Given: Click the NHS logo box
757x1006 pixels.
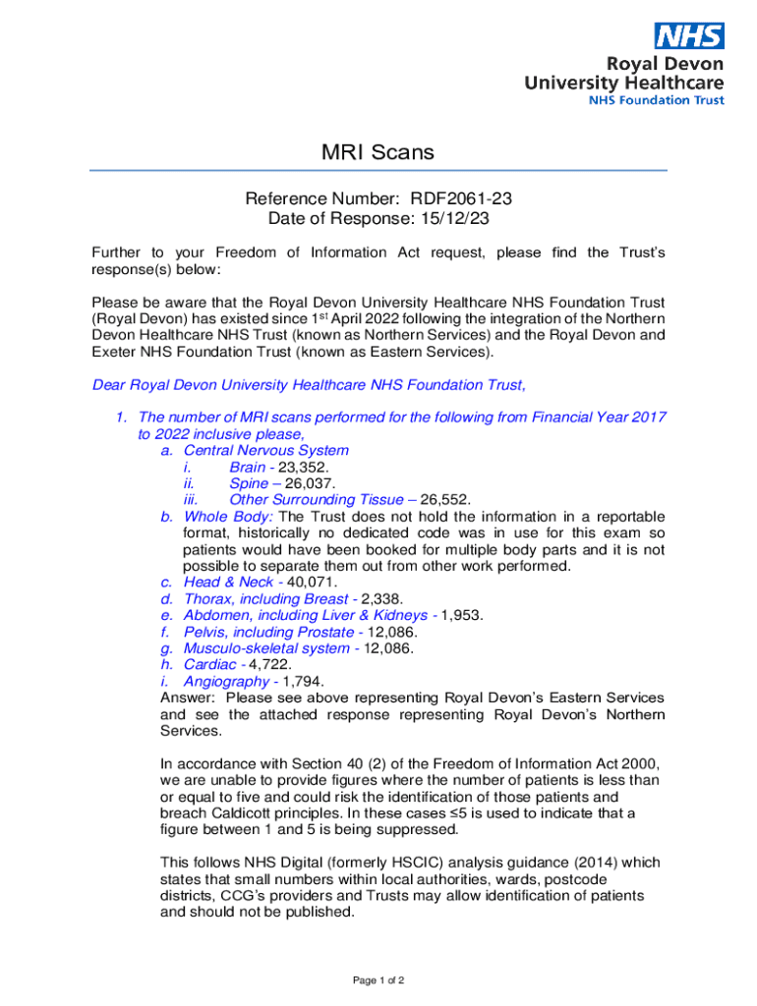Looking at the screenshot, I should click(690, 36).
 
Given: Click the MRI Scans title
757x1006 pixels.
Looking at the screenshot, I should click(378, 152).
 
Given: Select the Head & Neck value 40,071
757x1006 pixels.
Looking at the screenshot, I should click(310, 583).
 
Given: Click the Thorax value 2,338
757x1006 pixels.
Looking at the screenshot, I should click(381, 599).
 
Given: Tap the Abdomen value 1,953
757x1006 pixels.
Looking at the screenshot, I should click(462, 616).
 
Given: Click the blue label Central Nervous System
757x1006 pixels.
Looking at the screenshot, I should click(265, 451).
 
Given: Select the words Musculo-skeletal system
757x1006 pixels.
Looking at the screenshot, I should click(266, 648).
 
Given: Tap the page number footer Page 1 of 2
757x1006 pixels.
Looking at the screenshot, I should click(378, 980).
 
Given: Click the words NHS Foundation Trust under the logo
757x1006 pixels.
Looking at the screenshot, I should click(656, 100).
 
